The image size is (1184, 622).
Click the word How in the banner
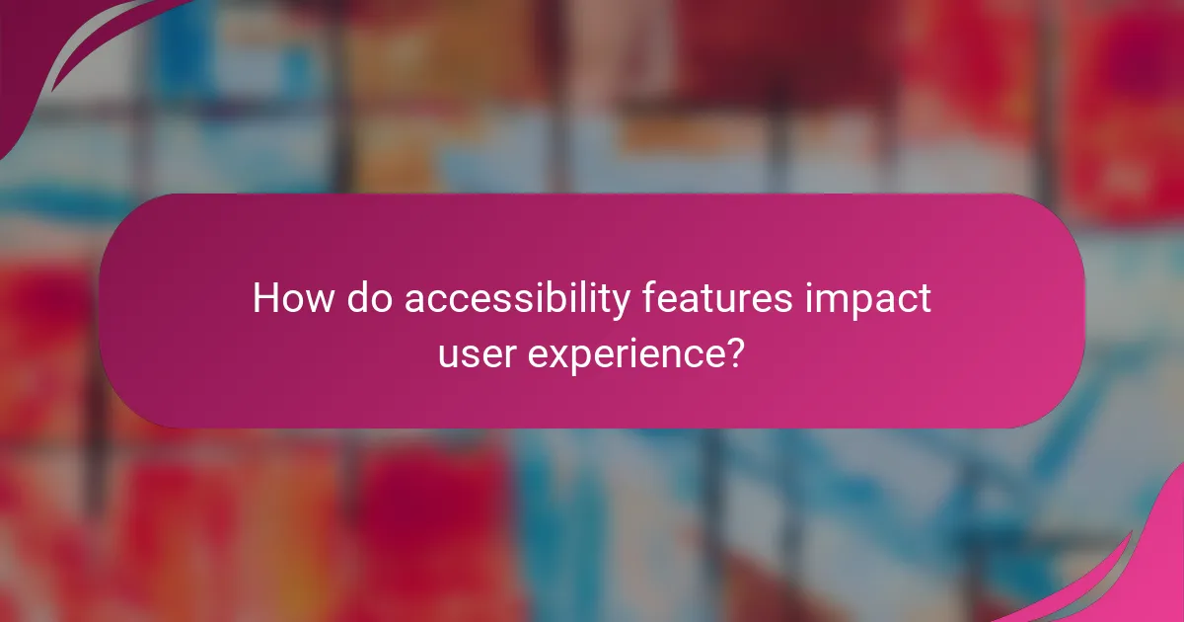tap(292, 298)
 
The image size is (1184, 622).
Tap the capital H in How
tap(264, 298)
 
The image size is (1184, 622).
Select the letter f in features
tap(647, 297)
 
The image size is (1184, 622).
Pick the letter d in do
tap(356, 298)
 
